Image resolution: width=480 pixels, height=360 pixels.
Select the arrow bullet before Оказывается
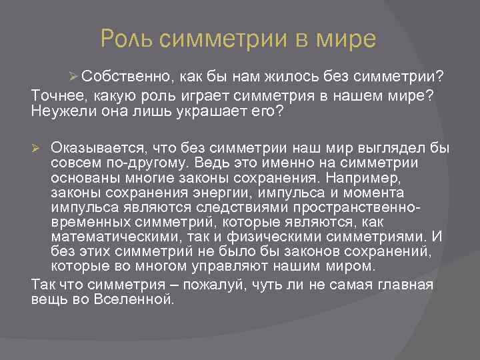pos(38,147)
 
